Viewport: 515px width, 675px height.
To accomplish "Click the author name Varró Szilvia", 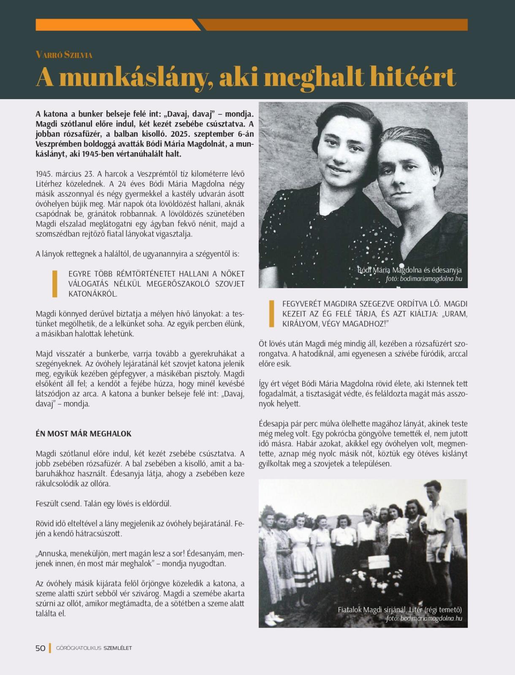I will coord(64,55).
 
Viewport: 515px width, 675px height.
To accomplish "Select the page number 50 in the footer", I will coord(41,648).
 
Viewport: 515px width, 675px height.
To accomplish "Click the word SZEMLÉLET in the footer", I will coord(118,648).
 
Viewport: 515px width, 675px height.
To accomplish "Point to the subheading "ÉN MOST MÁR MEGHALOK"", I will coord(84,434).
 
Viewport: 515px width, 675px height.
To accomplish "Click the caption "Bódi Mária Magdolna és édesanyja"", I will coord(409,270).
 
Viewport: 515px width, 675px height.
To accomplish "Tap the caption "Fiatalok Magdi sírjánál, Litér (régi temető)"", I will coord(399,610).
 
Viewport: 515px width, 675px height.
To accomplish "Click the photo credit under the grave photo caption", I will coord(424,618).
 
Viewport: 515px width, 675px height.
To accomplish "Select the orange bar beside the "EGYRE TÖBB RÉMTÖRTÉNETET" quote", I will coord(54,284).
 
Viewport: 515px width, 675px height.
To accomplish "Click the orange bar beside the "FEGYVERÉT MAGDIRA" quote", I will coord(272,314).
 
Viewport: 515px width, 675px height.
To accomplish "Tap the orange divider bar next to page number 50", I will coord(50,648).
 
